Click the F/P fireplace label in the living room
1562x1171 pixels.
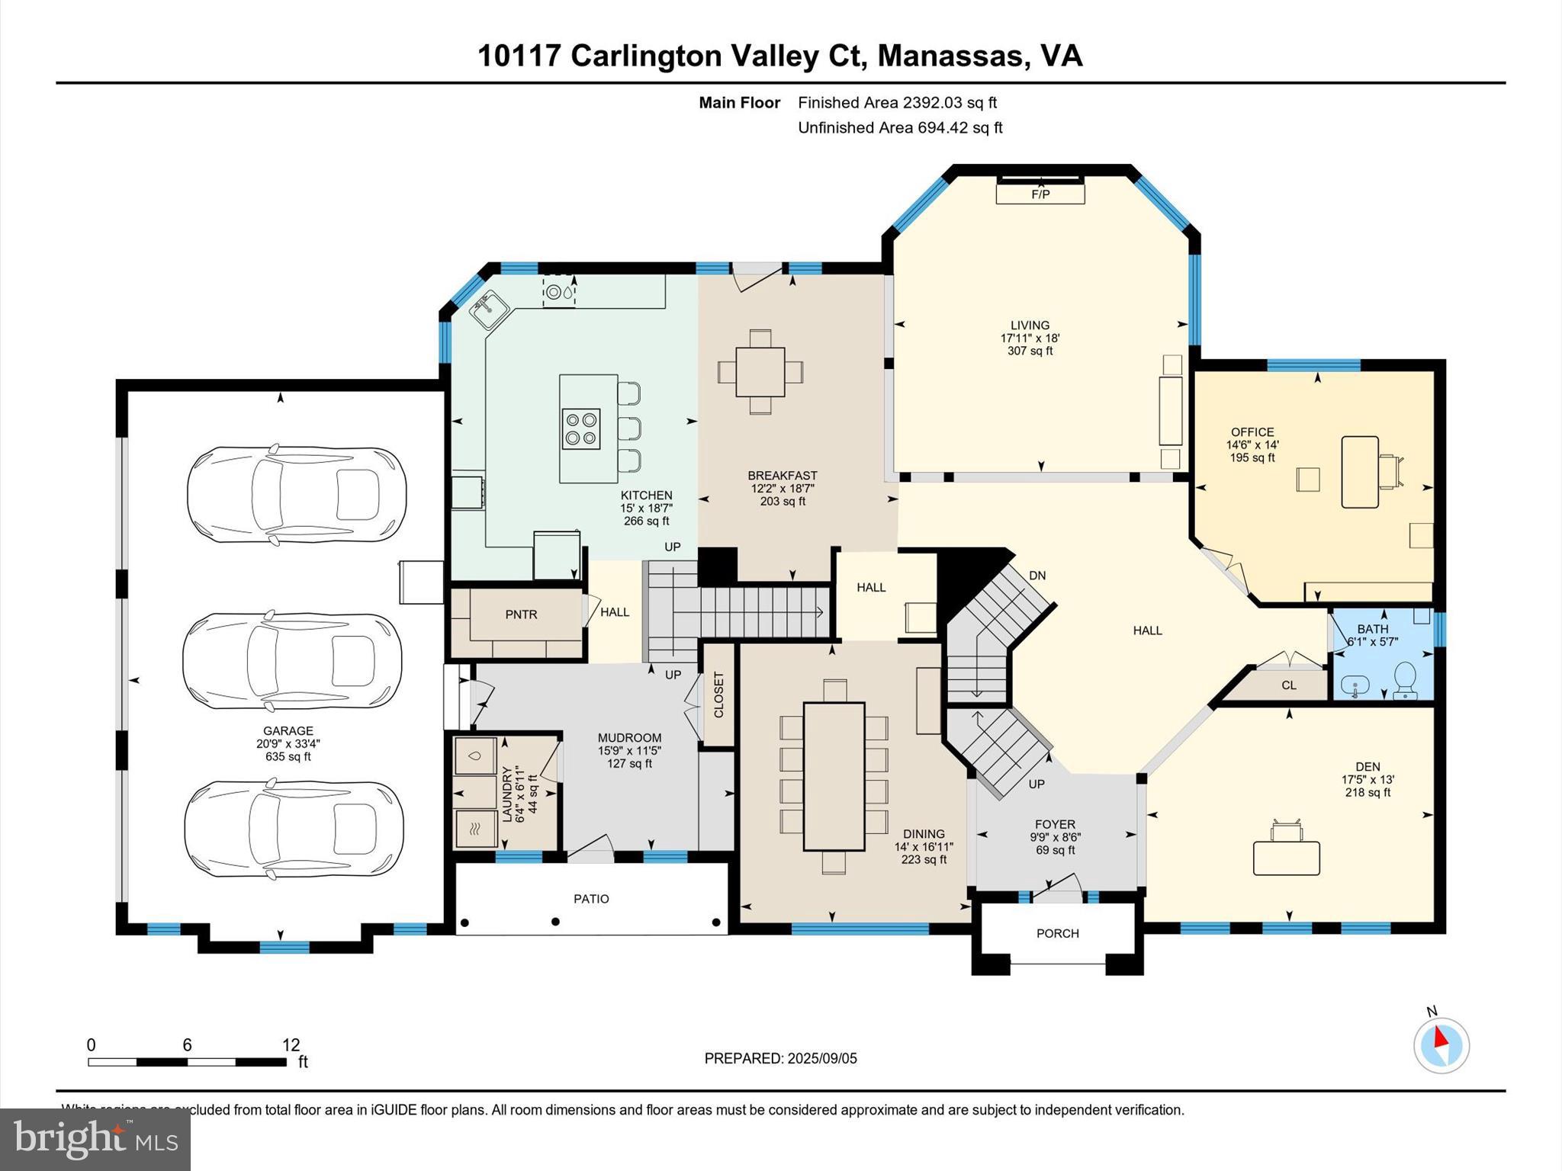(x=1040, y=194)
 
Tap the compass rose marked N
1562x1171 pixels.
(x=1441, y=1044)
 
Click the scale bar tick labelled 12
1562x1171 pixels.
(x=291, y=1045)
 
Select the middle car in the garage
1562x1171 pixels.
(x=292, y=661)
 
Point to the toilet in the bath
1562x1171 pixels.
(x=1404, y=679)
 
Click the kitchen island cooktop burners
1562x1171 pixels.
(x=580, y=428)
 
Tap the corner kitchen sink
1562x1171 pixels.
(x=489, y=309)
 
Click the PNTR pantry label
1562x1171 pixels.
(x=521, y=614)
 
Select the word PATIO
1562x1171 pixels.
(x=591, y=899)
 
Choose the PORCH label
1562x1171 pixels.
(x=1057, y=933)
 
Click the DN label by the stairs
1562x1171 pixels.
(x=1037, y=576)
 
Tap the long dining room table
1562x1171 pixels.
(x=834, y=776)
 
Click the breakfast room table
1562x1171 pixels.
(x=760, y=371)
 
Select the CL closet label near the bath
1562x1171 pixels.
(x=1288, y=685)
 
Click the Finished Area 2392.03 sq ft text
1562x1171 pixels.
(x=897, y=102)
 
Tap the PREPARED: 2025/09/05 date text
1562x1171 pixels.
(x=780, y=1058)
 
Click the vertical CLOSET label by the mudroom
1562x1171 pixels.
(x=718, y=695)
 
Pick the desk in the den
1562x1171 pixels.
(x=1287, y=858)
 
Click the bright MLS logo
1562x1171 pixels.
(x=95, y=1139)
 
